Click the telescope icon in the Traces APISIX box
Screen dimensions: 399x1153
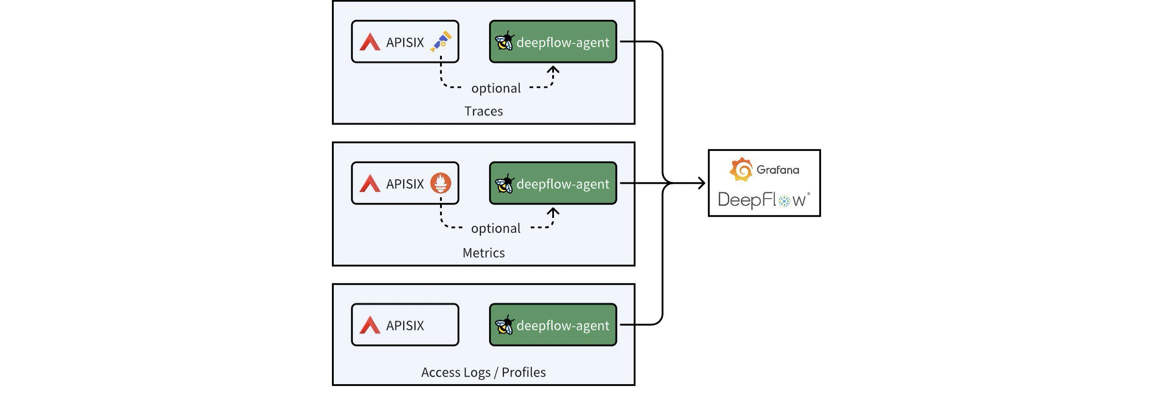click(x=441, y=41)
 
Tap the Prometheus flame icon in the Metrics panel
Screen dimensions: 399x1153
click(x=440, y=183)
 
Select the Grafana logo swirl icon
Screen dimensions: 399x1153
click(x=741, y=170)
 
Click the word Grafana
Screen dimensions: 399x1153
click(x=778, y=170)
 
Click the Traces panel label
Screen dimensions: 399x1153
click(x=483, y=111)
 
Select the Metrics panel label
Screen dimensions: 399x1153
click(x=483, y=253)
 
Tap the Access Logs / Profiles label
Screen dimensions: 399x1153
click(x=483, y=372)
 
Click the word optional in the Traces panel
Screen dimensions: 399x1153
click(x=496, y=88)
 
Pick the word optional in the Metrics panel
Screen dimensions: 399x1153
click(x=496, y=228)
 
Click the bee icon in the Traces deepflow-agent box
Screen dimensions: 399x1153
click(x=504, y=42)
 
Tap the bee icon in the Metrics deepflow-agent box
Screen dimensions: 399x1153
click(x=504, y=184)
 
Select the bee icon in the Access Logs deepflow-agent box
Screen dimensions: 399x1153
click(x=504, y=325)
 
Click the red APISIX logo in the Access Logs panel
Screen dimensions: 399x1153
click(x=370, y=325)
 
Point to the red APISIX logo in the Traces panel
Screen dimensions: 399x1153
click(x=370, y=42)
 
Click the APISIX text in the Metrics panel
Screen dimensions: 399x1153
click(x=405, y=184)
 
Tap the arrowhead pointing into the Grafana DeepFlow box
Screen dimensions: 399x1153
click(x=701, y=183)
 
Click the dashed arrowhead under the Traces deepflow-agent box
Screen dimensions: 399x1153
click(x=553, y=70)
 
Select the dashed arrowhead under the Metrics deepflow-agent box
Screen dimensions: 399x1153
click(x=553, y=211)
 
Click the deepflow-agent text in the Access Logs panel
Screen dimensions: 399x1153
click(x=563, y=325)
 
